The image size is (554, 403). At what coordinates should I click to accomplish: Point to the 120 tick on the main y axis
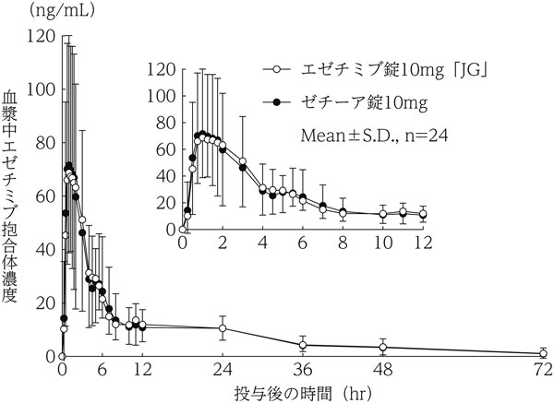40,36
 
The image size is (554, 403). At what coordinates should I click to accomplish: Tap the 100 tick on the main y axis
40,89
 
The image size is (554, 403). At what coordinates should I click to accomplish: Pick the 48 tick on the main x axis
383,373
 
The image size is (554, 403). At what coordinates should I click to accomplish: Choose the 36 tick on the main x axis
303,373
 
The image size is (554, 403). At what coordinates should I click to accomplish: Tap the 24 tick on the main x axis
223,373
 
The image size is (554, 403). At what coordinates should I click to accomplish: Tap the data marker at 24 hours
223,328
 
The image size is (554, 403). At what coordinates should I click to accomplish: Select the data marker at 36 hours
303,345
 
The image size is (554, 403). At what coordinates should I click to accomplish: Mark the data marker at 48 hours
383,348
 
